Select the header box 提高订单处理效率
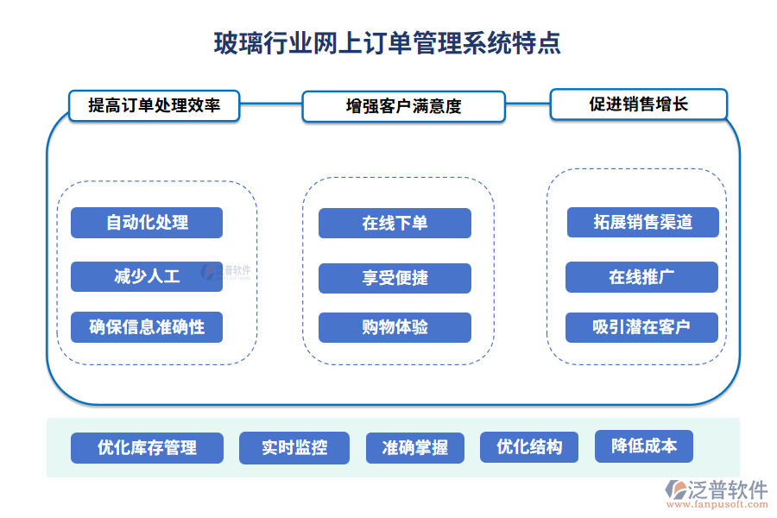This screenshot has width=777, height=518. (154, 105)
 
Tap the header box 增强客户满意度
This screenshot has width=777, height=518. (403, 106)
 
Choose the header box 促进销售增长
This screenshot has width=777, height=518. (639, 104)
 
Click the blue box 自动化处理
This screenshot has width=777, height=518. (147, 223)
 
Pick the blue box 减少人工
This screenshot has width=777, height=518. (147, 276)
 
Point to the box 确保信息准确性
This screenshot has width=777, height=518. (147, 327)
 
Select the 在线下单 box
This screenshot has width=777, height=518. (395, 223)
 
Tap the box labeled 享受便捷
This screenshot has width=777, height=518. (395, 278)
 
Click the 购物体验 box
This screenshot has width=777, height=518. (395, 327)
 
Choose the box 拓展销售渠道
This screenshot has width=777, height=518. (643, 222)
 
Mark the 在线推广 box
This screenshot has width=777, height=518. (641, 277)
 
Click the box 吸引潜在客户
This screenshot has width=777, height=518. (641, 327)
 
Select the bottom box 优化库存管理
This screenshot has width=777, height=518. (147, 448)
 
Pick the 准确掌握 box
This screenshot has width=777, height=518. (414, 448)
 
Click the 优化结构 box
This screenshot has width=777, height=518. (529, 447)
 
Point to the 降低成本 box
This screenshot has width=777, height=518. (644, 446)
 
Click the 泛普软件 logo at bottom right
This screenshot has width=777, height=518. (717, 490)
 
